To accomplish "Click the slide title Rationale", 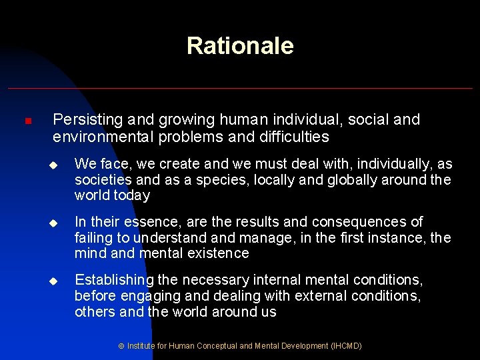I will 240,46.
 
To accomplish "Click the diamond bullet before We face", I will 59,165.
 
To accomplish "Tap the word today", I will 131,196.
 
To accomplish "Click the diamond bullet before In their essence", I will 59,222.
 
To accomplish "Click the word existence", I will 214,253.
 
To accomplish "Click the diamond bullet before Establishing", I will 59,281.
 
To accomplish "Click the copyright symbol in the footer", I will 121,347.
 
